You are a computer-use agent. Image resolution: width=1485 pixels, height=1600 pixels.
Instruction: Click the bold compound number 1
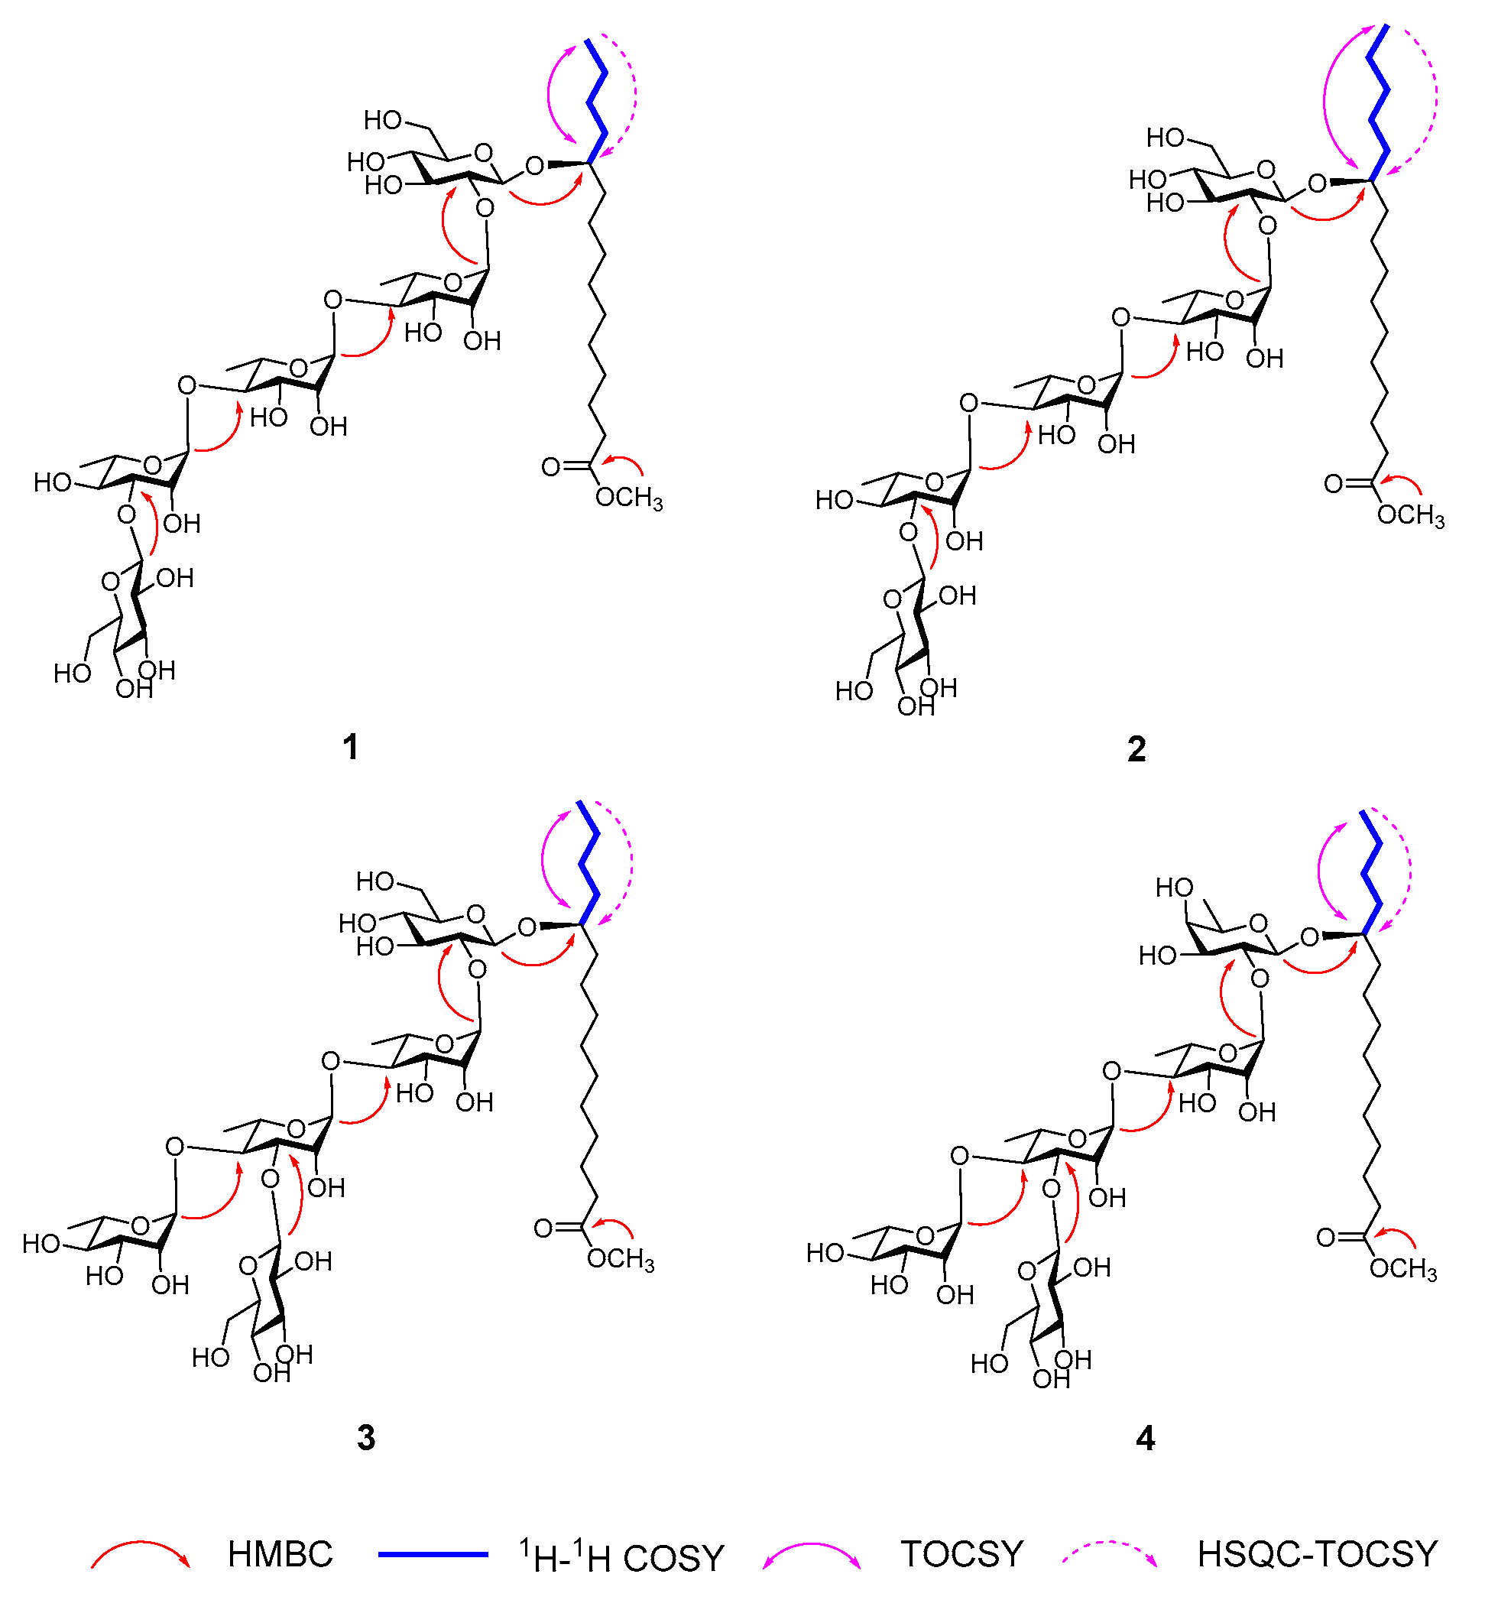pyautogui.click(x=350, y=748)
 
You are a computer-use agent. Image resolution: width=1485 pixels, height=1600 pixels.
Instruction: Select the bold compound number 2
pyautogui.click(x=1136, y=749)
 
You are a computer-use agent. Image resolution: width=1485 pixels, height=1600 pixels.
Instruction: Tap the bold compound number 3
pyautogui.click(x=365, y=1438)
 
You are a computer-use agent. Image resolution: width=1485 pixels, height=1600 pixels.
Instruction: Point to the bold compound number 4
pyautogui.click(x=1145, y=1438)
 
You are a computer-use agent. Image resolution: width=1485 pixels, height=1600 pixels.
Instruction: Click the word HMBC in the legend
pyautogui.click(x=280, y=1554)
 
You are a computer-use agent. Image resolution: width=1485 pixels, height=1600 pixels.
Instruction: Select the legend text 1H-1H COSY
pyautogui.click(x=622, y=1556)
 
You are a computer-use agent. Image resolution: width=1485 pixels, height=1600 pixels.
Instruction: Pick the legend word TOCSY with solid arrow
pyautogui.click(x=962, y=1554)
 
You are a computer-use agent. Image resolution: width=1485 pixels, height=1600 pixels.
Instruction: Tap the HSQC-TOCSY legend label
pyautogui.click(x=1317, y=1554)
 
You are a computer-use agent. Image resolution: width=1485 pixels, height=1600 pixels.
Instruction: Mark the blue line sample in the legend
pyautogui.click(x=433, y=1554)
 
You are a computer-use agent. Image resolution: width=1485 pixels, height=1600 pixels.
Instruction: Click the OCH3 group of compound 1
pyautogui.click(x=629, y=498)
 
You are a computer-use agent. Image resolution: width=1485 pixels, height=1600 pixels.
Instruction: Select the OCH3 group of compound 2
pyautogui.click(x=1411, y=515)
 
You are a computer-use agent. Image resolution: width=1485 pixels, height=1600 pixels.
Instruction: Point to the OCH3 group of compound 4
pyautogui.click(x=1403, y=1269)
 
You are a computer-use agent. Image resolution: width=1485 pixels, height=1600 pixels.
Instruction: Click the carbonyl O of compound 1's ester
pyautogui.click(x=550, y=467)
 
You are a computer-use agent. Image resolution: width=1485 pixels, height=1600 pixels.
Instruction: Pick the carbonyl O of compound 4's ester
pyautogui.click(x=1327, y=1238)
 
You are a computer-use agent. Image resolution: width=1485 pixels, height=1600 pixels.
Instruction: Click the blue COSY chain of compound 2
pyautogui.click(x=1380, y=105)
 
